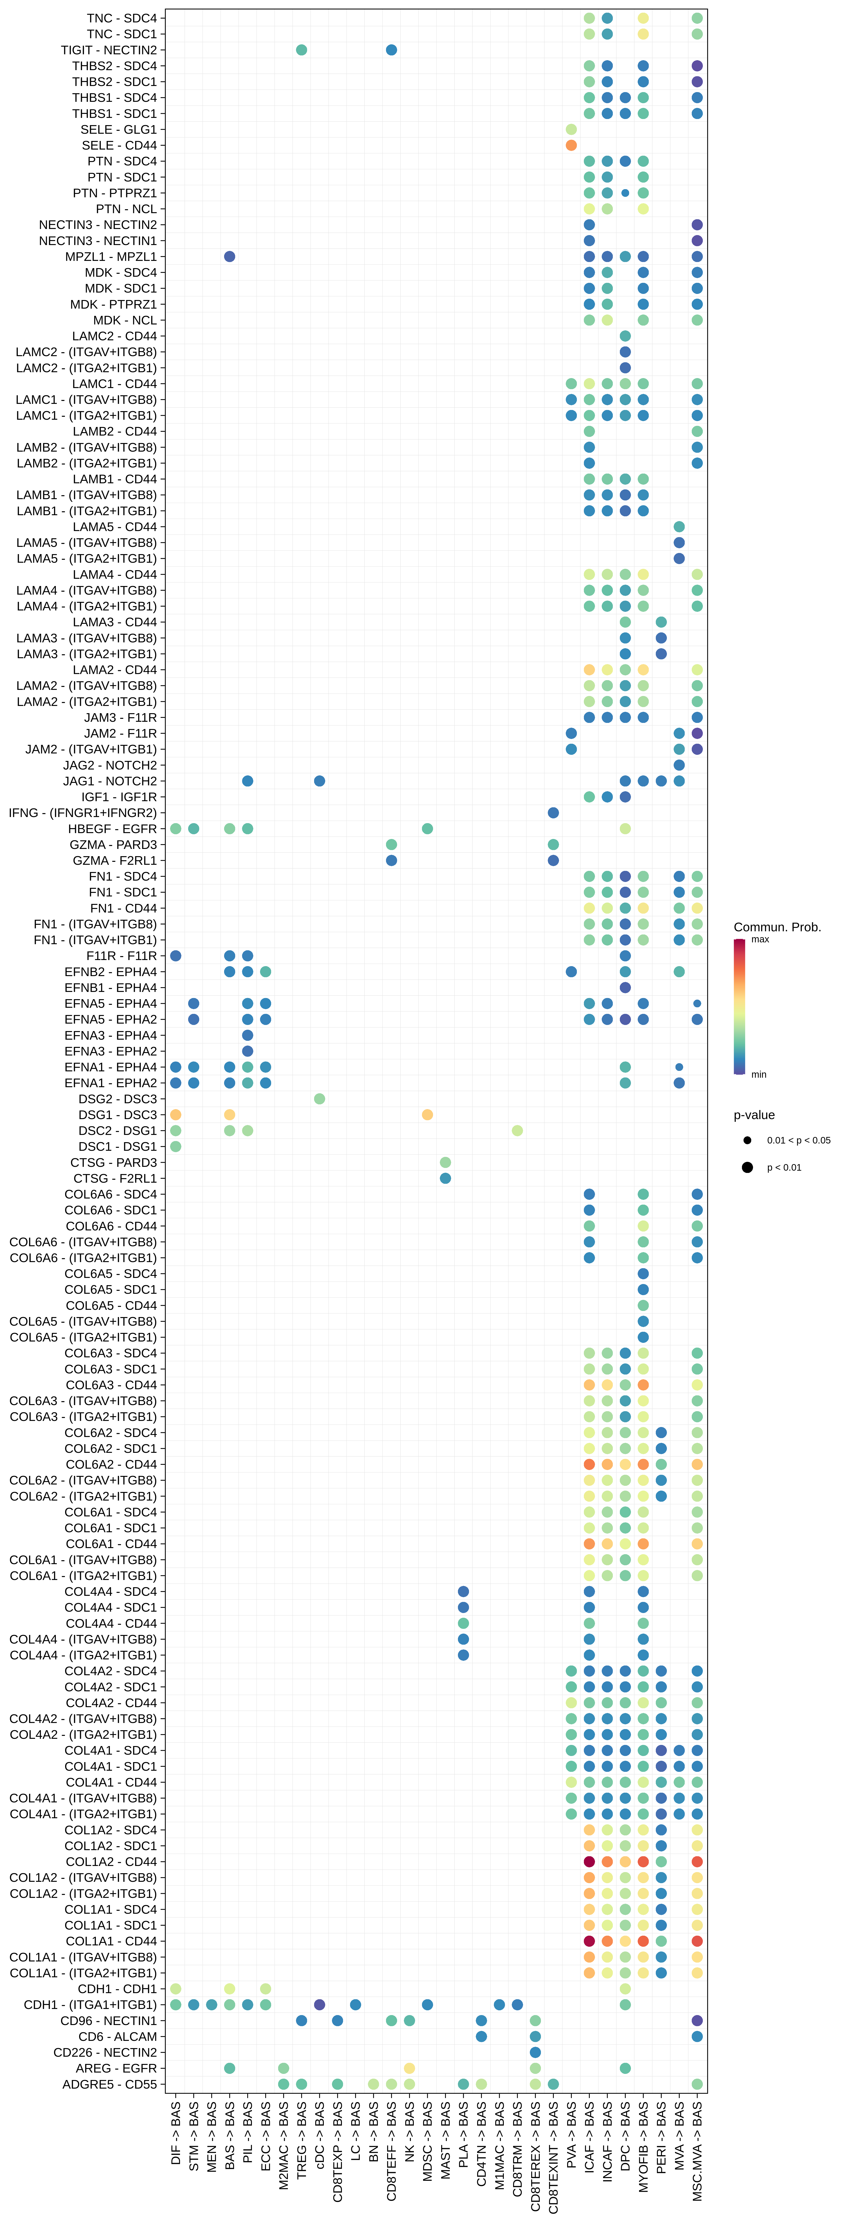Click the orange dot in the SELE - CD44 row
[571, 145]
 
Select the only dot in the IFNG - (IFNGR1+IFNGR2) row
[553, 813]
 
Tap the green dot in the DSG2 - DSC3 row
[319, 1098]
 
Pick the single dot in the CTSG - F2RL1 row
[445, 1178]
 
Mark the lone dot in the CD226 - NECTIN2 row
[535, 2052]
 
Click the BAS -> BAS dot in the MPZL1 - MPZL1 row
[230, 256]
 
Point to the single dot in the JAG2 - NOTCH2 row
[679, 765]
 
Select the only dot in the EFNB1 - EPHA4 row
[625, 987]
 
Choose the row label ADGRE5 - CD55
[109, 2084]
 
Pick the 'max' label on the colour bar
[760, 939]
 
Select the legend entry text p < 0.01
[784, 1167]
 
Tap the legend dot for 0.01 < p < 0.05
[747, 1140]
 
